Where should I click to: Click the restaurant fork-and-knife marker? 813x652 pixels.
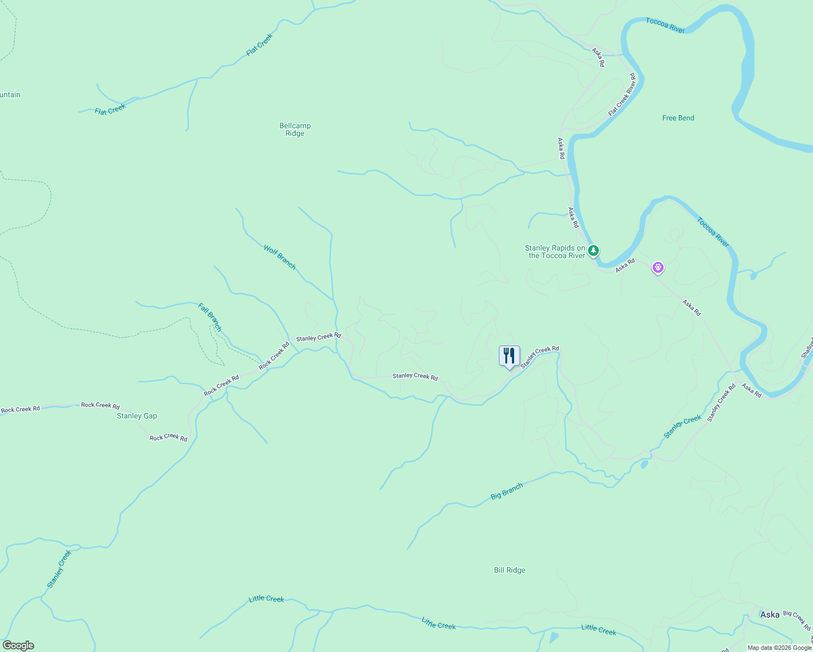[x=509, y=356]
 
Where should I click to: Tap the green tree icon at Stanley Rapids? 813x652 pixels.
[x=594, y=250]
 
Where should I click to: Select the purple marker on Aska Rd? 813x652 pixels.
[x=658, y=267]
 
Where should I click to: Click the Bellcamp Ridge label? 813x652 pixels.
[x=295, y=129]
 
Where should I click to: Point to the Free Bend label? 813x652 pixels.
[x=678, y=118]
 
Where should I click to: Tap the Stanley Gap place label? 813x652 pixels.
[x=137, y=416]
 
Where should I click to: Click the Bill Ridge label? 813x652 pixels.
[x=510, y=570]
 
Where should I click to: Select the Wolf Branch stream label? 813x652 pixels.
[x=280, y=257]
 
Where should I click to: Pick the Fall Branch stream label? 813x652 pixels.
[x=210, y=317]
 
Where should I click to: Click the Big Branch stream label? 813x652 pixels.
[x=506, y=491]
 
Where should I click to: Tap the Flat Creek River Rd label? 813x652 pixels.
[x=622, y=95]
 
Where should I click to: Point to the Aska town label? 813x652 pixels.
[x=770, y=615]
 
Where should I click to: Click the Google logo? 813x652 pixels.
[x=18, y=645]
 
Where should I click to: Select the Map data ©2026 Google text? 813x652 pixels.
[x=779, y=648]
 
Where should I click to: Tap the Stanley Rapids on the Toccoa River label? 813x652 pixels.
[x=555, y=252]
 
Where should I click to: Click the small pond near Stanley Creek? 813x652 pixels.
[x=644, y=465]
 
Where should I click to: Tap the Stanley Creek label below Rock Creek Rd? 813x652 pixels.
[x=59, y=569]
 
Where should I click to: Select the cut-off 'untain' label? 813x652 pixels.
[x=10, y=95]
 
